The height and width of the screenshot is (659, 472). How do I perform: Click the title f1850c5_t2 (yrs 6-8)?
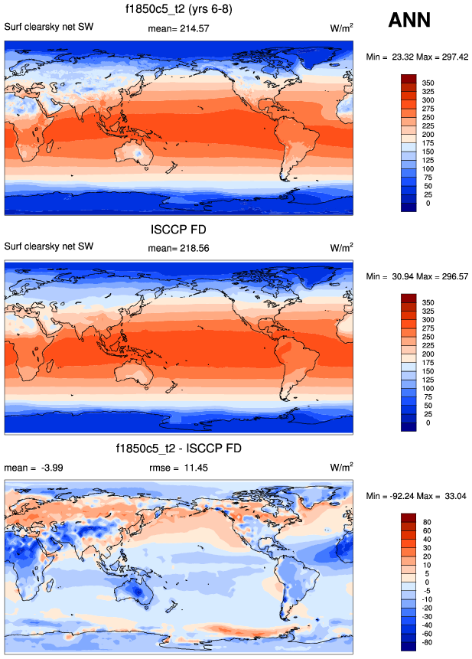click(x=179, y=10)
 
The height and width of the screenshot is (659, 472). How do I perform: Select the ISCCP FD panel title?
click(x=179, y=229)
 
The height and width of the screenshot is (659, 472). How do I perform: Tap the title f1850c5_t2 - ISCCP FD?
click(x=179, y=449)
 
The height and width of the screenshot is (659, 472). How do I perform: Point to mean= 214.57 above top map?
click(x=178, y=28)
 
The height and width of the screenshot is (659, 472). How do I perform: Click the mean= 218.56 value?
click(x=178, y=248)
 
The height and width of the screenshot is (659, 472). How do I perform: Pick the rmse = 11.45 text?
click(x=178, y=467)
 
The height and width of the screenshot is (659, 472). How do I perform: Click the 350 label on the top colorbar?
click(x=428, y=82)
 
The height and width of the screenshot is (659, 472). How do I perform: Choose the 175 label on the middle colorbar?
click(x=428, y=364)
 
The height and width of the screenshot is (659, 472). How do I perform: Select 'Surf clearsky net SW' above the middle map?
click(x=49, y=248)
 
